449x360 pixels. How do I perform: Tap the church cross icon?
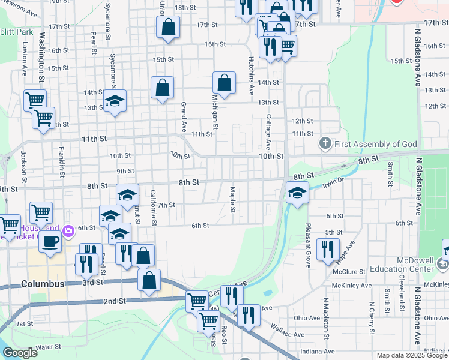[x=325, y=143]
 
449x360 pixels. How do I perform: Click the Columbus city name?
[x=43, y=283]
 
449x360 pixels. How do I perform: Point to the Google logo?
[x=20, y=353]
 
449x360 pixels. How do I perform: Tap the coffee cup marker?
[x=50, y=241]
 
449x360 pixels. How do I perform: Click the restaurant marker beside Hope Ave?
[x=328, y=249]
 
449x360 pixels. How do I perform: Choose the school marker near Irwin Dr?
[x=297, y=193]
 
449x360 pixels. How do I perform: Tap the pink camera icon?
[x=68, y=230]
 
